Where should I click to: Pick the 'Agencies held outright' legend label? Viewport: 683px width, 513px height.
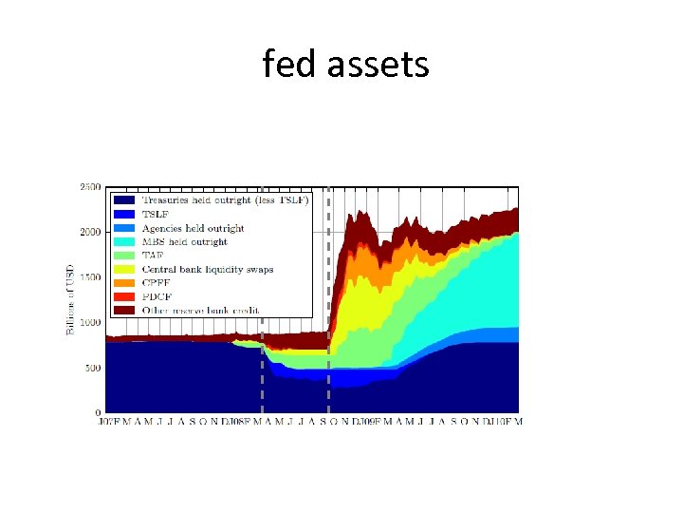(x=193, y=228)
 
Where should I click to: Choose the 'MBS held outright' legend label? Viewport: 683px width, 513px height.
(x=185, y=242)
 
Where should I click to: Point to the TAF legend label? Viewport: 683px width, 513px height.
(x=154, y=256)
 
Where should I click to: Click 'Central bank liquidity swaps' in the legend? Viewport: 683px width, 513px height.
(x=208, y=269)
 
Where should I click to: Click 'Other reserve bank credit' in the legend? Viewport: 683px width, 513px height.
(x=201, y=310)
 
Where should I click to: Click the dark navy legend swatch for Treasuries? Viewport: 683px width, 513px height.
(x=124, y=200)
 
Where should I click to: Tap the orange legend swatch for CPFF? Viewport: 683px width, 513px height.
(x=124, y=282)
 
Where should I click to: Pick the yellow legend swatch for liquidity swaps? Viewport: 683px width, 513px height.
(x=124, y=269)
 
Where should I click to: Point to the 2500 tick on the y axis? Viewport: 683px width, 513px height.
(x=90, y=187)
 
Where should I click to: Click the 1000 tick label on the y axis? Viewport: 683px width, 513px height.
(x=90, y=323)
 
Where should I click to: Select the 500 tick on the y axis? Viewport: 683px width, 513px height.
(x=92, y=368)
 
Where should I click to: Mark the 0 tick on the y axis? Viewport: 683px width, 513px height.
(x=97, y=412)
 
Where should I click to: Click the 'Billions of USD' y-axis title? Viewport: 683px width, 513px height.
(x=70, y=299)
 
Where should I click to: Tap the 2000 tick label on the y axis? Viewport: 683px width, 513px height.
(x=90, y=233)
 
